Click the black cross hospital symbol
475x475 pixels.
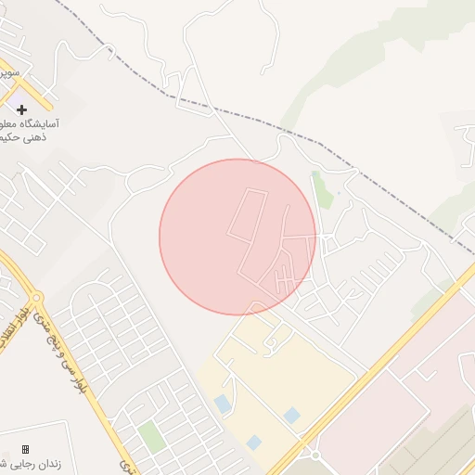22,109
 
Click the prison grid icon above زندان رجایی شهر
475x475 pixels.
25,449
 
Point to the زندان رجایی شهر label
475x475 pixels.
32,463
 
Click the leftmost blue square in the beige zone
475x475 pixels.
223,404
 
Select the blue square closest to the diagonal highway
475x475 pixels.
292,415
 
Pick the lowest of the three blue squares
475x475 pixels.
254,442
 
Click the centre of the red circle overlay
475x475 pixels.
237,237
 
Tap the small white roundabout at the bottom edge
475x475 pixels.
315,456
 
